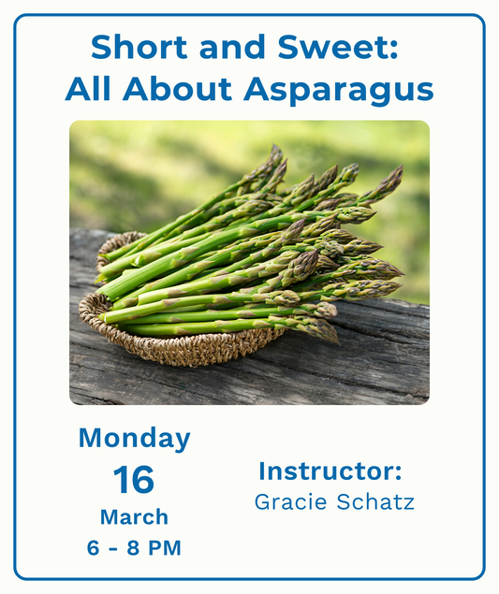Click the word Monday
[x=134, y=438]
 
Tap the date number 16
[x=134, y=480]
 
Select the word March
[x=134, y=517]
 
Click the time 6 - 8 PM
[x=134, y=548]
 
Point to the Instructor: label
[x=330, y=471]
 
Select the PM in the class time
[x=166, y=548]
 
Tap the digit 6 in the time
[x=93, y=548]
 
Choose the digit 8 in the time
[x=134, y=548]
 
